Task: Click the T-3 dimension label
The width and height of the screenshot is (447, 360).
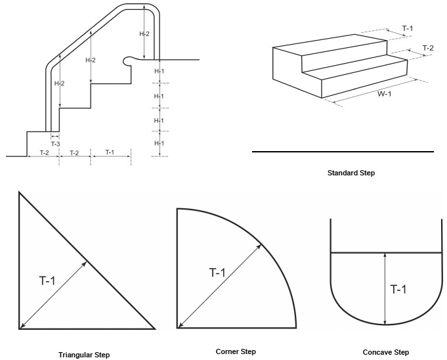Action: click(55, 145)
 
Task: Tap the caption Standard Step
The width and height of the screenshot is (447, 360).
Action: click(355, 173)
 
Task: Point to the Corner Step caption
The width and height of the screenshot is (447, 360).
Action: click(236, 351)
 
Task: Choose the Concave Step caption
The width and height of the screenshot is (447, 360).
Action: click(385, 352)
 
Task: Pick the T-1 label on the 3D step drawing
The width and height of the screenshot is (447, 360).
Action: click(408, 28)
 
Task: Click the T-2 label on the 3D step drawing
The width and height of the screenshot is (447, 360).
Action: click(427, 48)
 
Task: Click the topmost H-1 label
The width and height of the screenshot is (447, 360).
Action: click(160, 71)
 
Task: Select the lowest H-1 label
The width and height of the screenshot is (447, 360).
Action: click(160, 143)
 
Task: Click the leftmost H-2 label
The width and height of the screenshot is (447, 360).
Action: click(58, 83)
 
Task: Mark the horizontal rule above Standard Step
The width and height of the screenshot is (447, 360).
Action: click(343, 152)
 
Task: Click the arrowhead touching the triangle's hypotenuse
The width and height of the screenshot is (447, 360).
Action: click(87, 262)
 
